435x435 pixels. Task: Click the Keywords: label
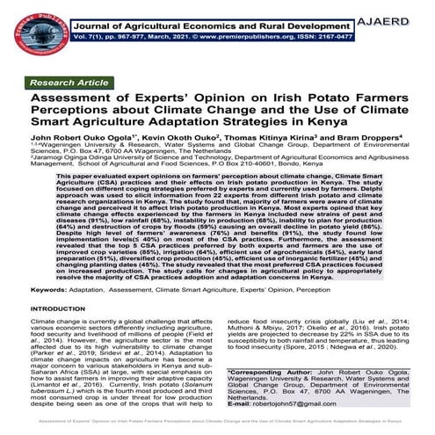coord(52,313)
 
